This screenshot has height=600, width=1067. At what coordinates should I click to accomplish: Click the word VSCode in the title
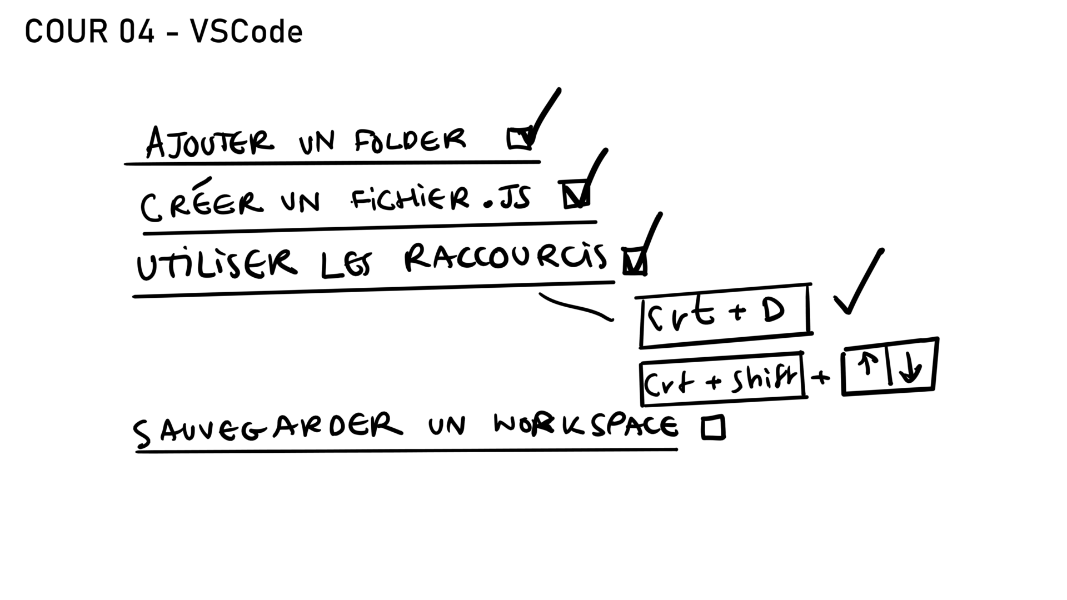pyautogui.click(x=247, y=32)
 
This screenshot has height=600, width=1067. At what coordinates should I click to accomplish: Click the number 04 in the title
pyautogui.click(x=136, y=32)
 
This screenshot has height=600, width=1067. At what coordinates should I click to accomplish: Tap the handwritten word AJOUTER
pyautogui.click(x=210, y=142)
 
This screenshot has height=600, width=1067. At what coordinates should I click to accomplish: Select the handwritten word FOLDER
pyautogui.click(x=411, y=140)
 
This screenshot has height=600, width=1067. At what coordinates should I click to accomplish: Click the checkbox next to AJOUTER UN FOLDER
pyautogui.click(x=520, y=139)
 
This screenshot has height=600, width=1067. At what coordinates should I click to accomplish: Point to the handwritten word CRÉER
pyautogui.click(x=201, y=201)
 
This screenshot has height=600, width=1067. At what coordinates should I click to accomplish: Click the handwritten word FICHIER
pyautogui.click(x=410, y=199)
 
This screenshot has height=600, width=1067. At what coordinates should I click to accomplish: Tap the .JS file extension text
pyautogui.click(x=507, y=199)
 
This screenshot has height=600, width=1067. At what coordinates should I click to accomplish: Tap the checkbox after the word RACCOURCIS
pyautogui.click(x=635, y=261)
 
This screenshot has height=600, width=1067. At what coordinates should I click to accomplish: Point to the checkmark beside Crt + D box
pyautogui.click(x=859, y=281)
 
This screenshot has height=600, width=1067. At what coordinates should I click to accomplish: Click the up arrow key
pyautogui.click(x=867, y=366)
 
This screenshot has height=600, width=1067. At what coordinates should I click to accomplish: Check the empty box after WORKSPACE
pyautogui.click(x=713, y=428)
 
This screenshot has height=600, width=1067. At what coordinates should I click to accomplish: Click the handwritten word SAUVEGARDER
pyautogui.click(x=267, y=429)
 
